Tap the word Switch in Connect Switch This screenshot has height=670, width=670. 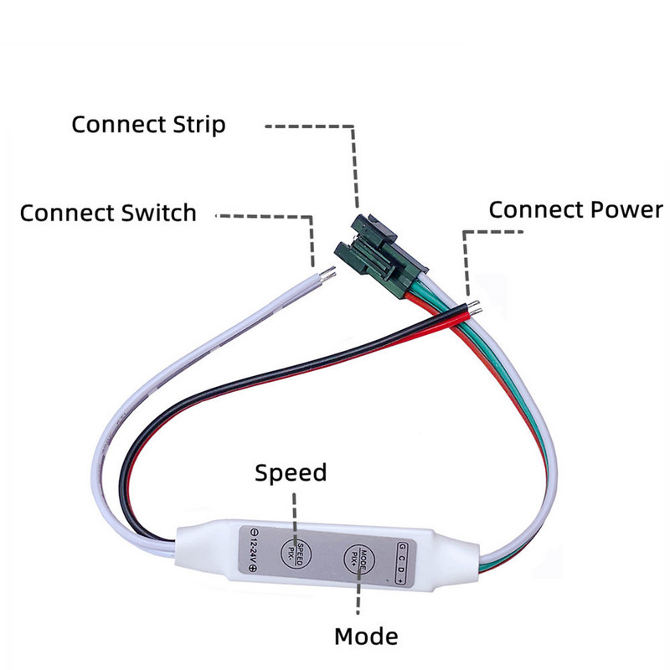153,213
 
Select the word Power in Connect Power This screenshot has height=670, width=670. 625,209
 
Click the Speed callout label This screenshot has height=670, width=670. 291,473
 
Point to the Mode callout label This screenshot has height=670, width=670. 366,636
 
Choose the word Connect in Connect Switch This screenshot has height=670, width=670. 63,213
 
